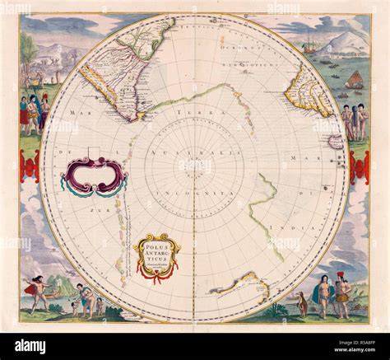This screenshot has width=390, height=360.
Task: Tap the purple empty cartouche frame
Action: [92, 175]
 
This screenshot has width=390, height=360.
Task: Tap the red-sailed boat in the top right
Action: [355, 80]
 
